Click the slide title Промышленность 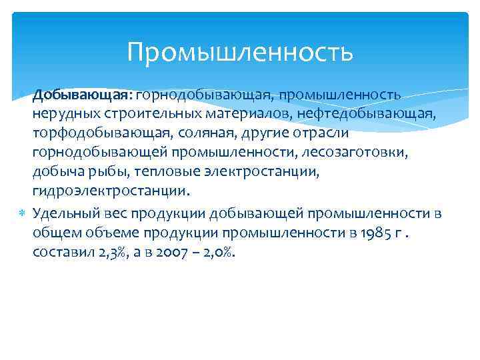tap(240, 51)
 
